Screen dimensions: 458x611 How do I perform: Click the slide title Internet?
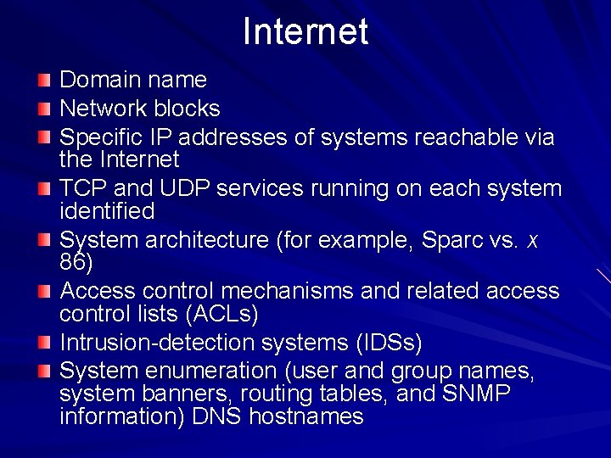[x=305, y=32]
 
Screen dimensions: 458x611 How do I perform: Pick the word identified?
[x=107, y=210]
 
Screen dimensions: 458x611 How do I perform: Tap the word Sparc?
[x=451, y=240]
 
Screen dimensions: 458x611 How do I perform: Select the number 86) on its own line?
[x=76, y=262]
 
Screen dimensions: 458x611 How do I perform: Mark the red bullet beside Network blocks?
[x=45, y=109]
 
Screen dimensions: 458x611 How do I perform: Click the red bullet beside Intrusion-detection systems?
[x=45, y=343]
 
